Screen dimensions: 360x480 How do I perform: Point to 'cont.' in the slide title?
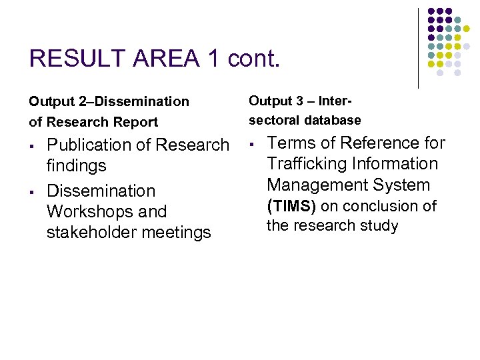coord(254,59)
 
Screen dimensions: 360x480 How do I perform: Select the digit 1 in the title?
coord(213,59)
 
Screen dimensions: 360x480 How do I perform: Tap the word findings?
coord(77,165)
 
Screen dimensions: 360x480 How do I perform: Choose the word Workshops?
coord(107,211)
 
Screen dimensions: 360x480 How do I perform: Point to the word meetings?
coord(181,232)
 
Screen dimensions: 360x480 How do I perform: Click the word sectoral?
coord(274,121)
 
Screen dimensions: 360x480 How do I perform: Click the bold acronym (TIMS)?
coord(291,206)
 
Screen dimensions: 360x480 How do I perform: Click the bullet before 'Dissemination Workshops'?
coord(32,192)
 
